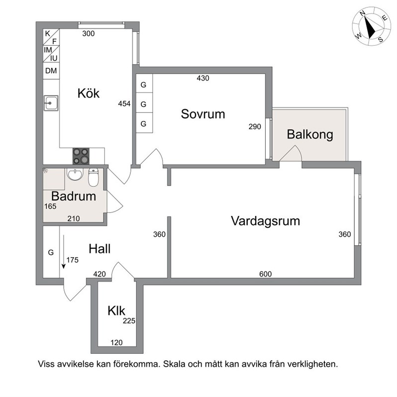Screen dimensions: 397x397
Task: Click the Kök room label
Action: coord(89,93)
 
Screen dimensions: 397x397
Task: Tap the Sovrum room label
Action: coord(203,114)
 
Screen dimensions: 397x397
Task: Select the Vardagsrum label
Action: coord(265,221)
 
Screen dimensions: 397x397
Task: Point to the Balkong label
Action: coord(310,134)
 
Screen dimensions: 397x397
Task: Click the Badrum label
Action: coord(74,196)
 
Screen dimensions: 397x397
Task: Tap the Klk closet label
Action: coord(116,310)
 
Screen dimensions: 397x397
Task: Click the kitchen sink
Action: coord(51,103)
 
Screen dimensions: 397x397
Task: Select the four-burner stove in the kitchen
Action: coord(81,156)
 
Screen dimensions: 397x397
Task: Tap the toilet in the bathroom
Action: coord(93,177)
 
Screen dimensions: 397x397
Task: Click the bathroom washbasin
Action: coord(75,174)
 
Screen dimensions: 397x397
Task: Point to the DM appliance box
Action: coord(51,71)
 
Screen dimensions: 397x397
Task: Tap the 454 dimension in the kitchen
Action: coord(124,103)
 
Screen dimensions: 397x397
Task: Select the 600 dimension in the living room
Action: coord(265,274)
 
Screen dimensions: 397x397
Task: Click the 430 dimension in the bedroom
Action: coord(203,78)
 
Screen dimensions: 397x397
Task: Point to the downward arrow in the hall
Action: coord(64,252)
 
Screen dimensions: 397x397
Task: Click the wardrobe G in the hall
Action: coord(51,252)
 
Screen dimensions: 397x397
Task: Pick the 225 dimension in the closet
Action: coord(129,321)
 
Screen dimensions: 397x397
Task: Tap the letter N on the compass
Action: coord(363,13)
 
